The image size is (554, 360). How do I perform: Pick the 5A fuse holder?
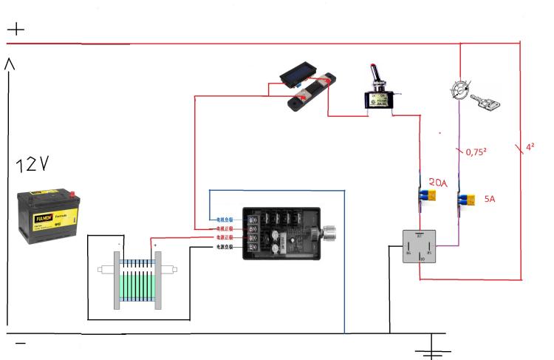pos(467,200)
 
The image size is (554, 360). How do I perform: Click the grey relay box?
pos(419,247)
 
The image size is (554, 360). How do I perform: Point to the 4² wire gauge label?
pos(529,147)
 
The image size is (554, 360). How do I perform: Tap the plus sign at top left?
pos(16,30)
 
